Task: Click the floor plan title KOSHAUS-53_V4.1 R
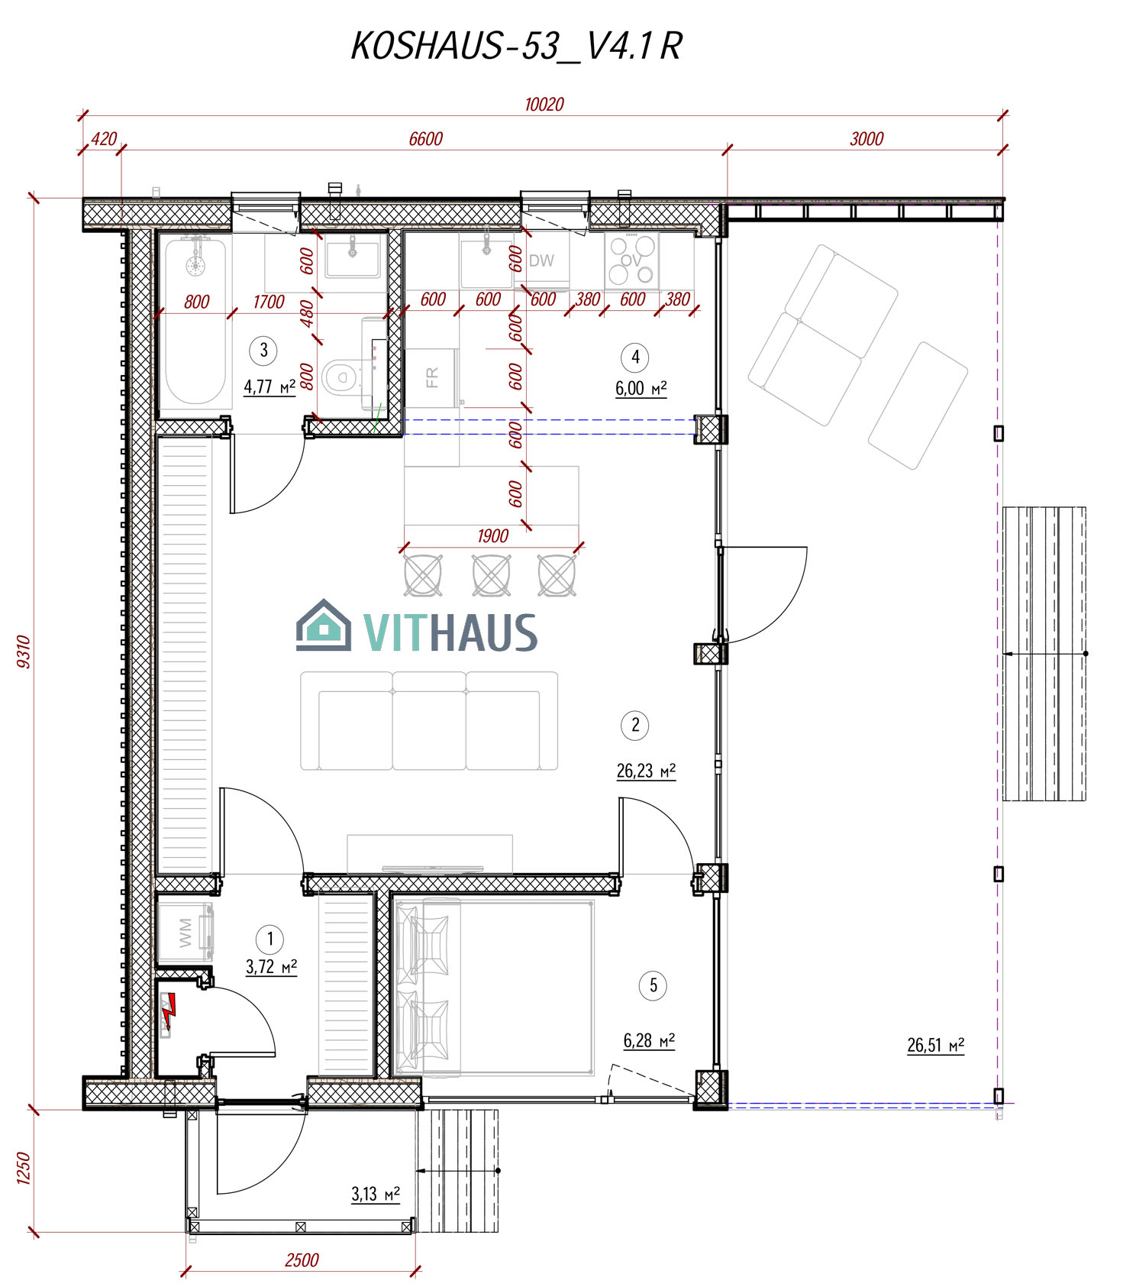coord(516,46)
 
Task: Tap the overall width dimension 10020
coord(544,105)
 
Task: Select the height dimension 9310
coord(24,652)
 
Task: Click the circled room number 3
coord(263,351)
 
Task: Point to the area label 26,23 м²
coord(646,771)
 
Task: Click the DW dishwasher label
coord(541,260)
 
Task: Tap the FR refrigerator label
coord(432,377)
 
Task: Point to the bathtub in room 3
coord(195,322)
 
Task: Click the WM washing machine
coord(185,933)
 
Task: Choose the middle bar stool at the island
coord(491,575)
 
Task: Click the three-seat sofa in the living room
coord(429,721)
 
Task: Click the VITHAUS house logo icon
coord(324,626)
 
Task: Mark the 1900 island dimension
coord(492,536)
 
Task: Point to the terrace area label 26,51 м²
coord(935,1045)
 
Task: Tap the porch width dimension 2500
coord(302,1260)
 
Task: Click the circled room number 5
coord(653,985)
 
